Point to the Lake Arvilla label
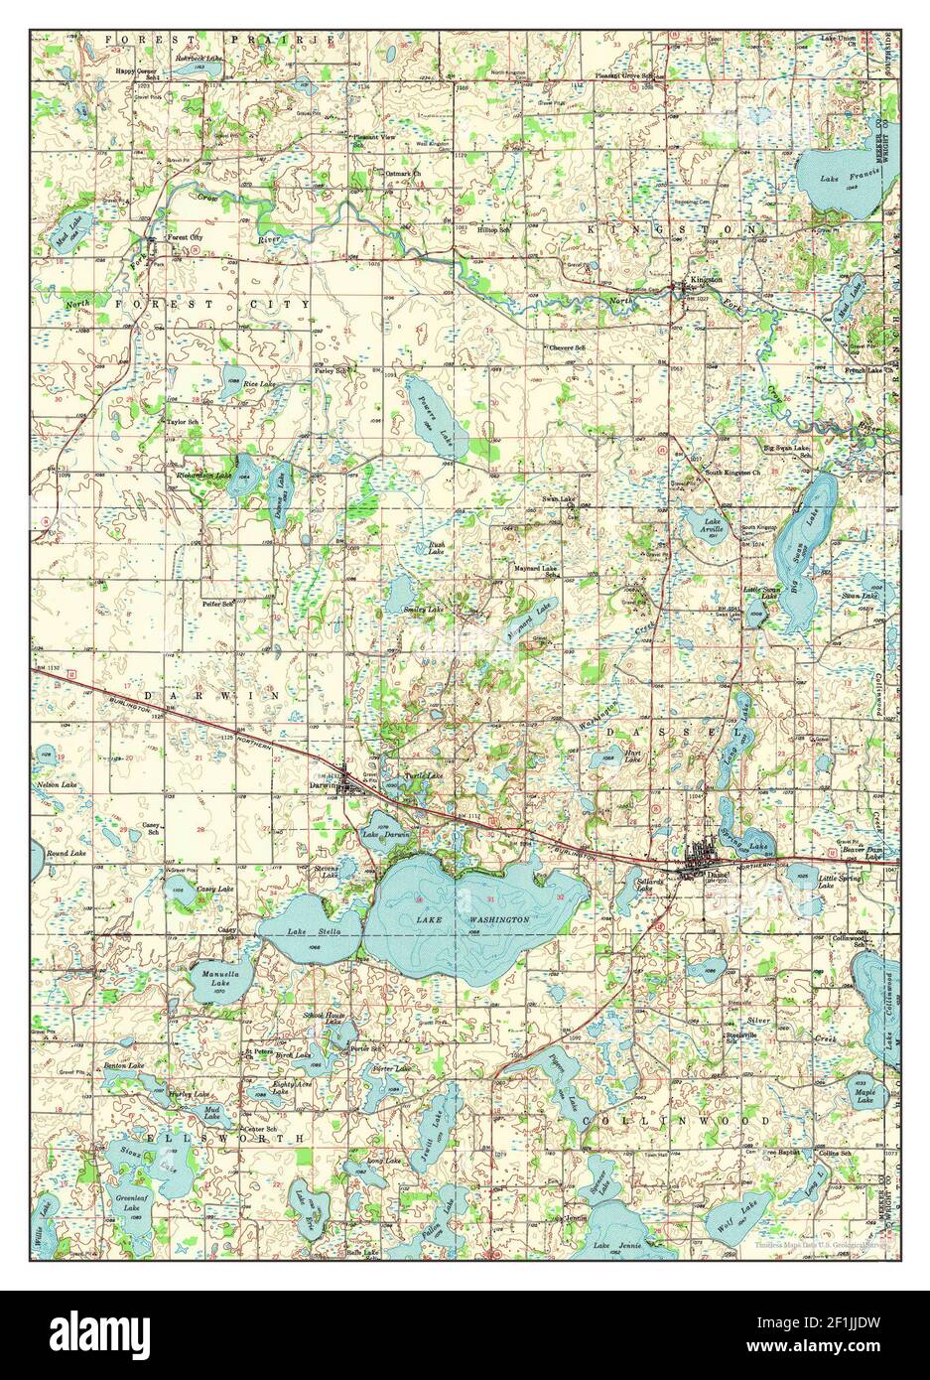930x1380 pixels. [x=712, y=525]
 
